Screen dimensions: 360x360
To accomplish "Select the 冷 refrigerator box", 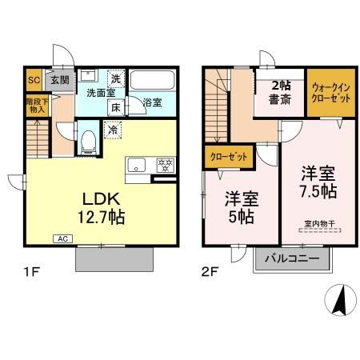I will point(111,128).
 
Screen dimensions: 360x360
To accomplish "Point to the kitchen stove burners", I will point(166,165).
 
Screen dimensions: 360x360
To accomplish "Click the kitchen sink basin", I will point(137,166).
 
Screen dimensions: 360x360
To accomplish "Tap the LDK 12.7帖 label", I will point(99,206).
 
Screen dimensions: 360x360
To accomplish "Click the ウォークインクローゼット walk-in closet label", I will point(328,94).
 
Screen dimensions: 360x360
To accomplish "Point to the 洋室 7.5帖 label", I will point(318,181).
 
